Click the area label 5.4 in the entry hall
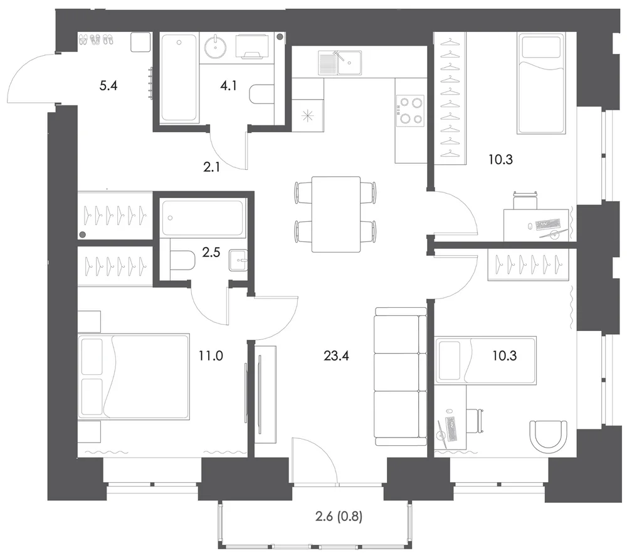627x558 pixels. (x=108, y=85)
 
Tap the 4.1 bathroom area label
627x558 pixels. (x=228, y=85)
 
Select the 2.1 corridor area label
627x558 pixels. (x=211, y=167)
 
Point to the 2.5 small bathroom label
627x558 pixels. (x=211, y=253)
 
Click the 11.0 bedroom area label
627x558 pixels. (x=211, y=355)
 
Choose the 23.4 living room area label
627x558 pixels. (x=336, y=355)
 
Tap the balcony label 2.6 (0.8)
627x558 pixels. (x=339, y=517)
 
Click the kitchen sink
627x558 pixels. (x=340, y=63)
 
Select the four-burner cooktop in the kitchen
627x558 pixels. (x=410, y=111)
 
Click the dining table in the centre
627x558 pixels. (x=336, y=214)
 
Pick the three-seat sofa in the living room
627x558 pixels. (x=401, y=377)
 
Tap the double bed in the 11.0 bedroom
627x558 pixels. (x=134, y=377)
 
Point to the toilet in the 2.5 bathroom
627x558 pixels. (x=182, y=260)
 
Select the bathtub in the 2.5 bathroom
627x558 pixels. (x=203, y=218)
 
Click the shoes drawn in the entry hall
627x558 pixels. (x=96, y=39)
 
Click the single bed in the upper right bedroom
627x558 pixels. (x=541, y=83)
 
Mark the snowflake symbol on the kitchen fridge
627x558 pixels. (x=307, y=117)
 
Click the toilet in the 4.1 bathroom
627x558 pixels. (x=261, y=94)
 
